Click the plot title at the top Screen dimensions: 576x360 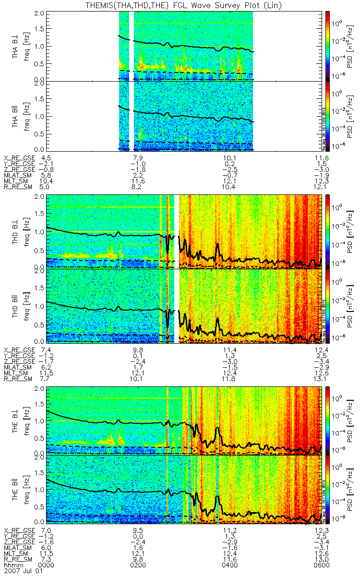pos(180,5)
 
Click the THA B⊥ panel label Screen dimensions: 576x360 pos(16,46)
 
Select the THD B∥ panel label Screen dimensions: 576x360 pos(16,305)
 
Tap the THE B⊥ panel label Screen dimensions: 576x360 pos(16,420)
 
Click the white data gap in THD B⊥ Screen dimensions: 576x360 pos(177,230)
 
